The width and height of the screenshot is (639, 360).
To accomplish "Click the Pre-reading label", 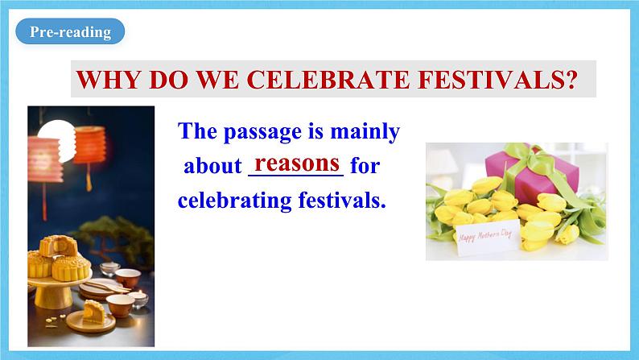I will coord(70,32).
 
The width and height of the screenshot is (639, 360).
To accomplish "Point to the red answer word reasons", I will coord(297,163).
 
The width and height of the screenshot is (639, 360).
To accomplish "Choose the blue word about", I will coord(212,167).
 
